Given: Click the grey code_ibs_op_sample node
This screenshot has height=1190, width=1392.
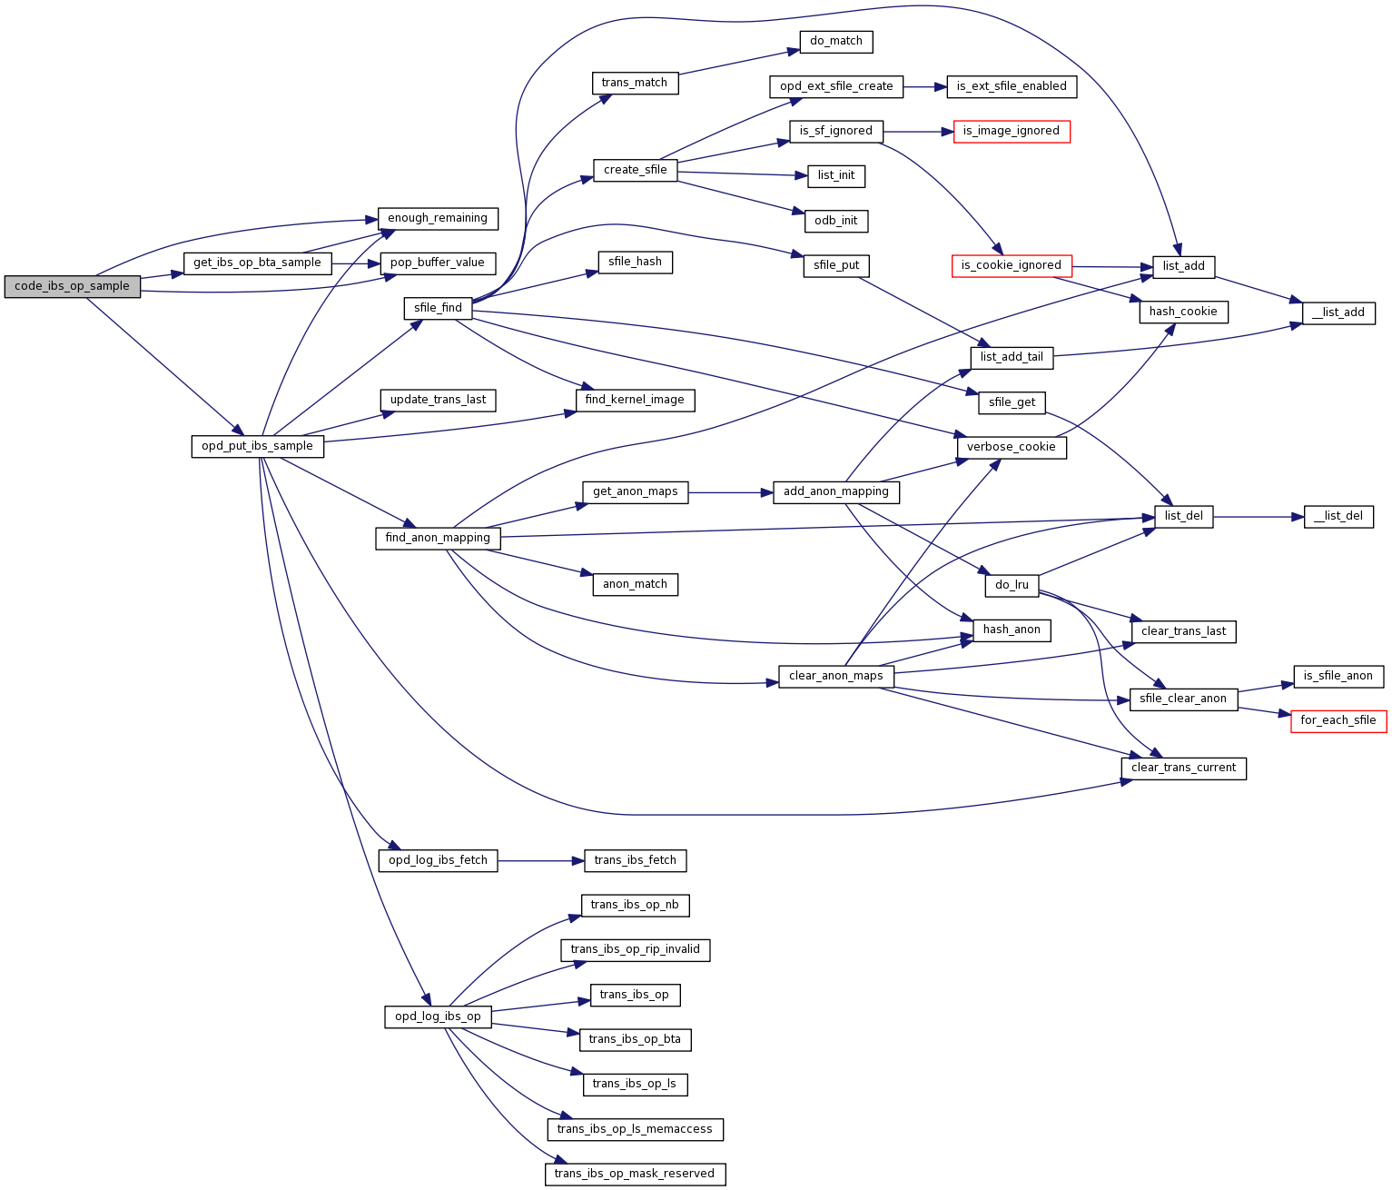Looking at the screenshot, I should click(x=73, y=286).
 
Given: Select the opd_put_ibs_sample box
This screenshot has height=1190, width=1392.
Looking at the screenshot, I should click(x=257, y=446).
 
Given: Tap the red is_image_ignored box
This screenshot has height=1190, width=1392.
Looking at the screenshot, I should click(x=1011, y=131).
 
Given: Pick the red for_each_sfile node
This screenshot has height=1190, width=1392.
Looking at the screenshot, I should click(x=1338, y=720).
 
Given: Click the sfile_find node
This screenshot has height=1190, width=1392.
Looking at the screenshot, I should click(x=438, y=308).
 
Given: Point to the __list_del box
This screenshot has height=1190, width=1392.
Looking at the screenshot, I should click(x=1338, y=516).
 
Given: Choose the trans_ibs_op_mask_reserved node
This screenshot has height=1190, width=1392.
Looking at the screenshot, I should click(x=635, y=1174).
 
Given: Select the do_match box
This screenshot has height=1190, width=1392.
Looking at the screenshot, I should click(x=835, y=41).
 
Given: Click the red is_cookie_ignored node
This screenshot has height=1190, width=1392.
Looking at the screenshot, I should click(x=1011, y=265).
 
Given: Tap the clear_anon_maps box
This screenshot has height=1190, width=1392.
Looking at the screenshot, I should click(x=835, y=676).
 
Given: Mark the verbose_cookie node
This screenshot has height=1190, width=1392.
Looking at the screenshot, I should click(x=1011, y=447).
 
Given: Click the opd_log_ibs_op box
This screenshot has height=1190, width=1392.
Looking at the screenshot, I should click(x=438, y=1016).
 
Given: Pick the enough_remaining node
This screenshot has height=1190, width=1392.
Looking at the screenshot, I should click(x=438, y=218).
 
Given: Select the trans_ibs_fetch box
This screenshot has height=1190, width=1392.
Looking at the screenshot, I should click(x=635, y=860).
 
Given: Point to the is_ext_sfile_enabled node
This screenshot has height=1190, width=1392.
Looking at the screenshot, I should click(x=1011, y=86).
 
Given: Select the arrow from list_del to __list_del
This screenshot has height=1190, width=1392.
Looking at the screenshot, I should click(x=1258, y=517).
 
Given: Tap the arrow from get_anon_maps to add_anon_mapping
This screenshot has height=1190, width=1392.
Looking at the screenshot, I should click(x=730, y=492).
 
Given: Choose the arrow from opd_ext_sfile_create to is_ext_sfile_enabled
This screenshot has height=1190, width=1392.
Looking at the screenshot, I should click(x=924, y=87).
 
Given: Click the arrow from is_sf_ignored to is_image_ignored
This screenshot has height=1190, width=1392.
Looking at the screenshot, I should click(x=917, y=132).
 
